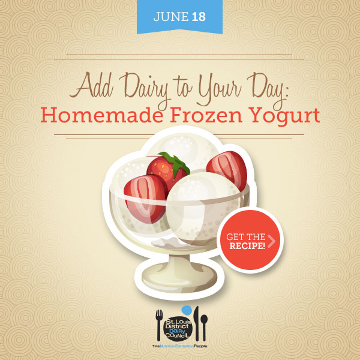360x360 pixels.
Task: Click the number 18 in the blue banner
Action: (199, 17)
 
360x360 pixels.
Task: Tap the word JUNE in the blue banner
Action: (171, 17)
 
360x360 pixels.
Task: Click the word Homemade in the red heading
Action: (102, 115)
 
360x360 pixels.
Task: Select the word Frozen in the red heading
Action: (206, 115)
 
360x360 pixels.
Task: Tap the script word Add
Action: (91, 85)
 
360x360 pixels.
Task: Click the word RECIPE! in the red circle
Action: (247, 246)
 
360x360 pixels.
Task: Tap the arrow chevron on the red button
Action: (272, 241)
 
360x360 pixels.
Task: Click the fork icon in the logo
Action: (159, 325)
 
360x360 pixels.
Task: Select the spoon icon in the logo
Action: (204, 327)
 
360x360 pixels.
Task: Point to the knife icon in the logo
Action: (196, 324)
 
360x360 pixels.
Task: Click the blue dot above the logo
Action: (187, 310)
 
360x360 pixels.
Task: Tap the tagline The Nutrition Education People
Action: (179, 346)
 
